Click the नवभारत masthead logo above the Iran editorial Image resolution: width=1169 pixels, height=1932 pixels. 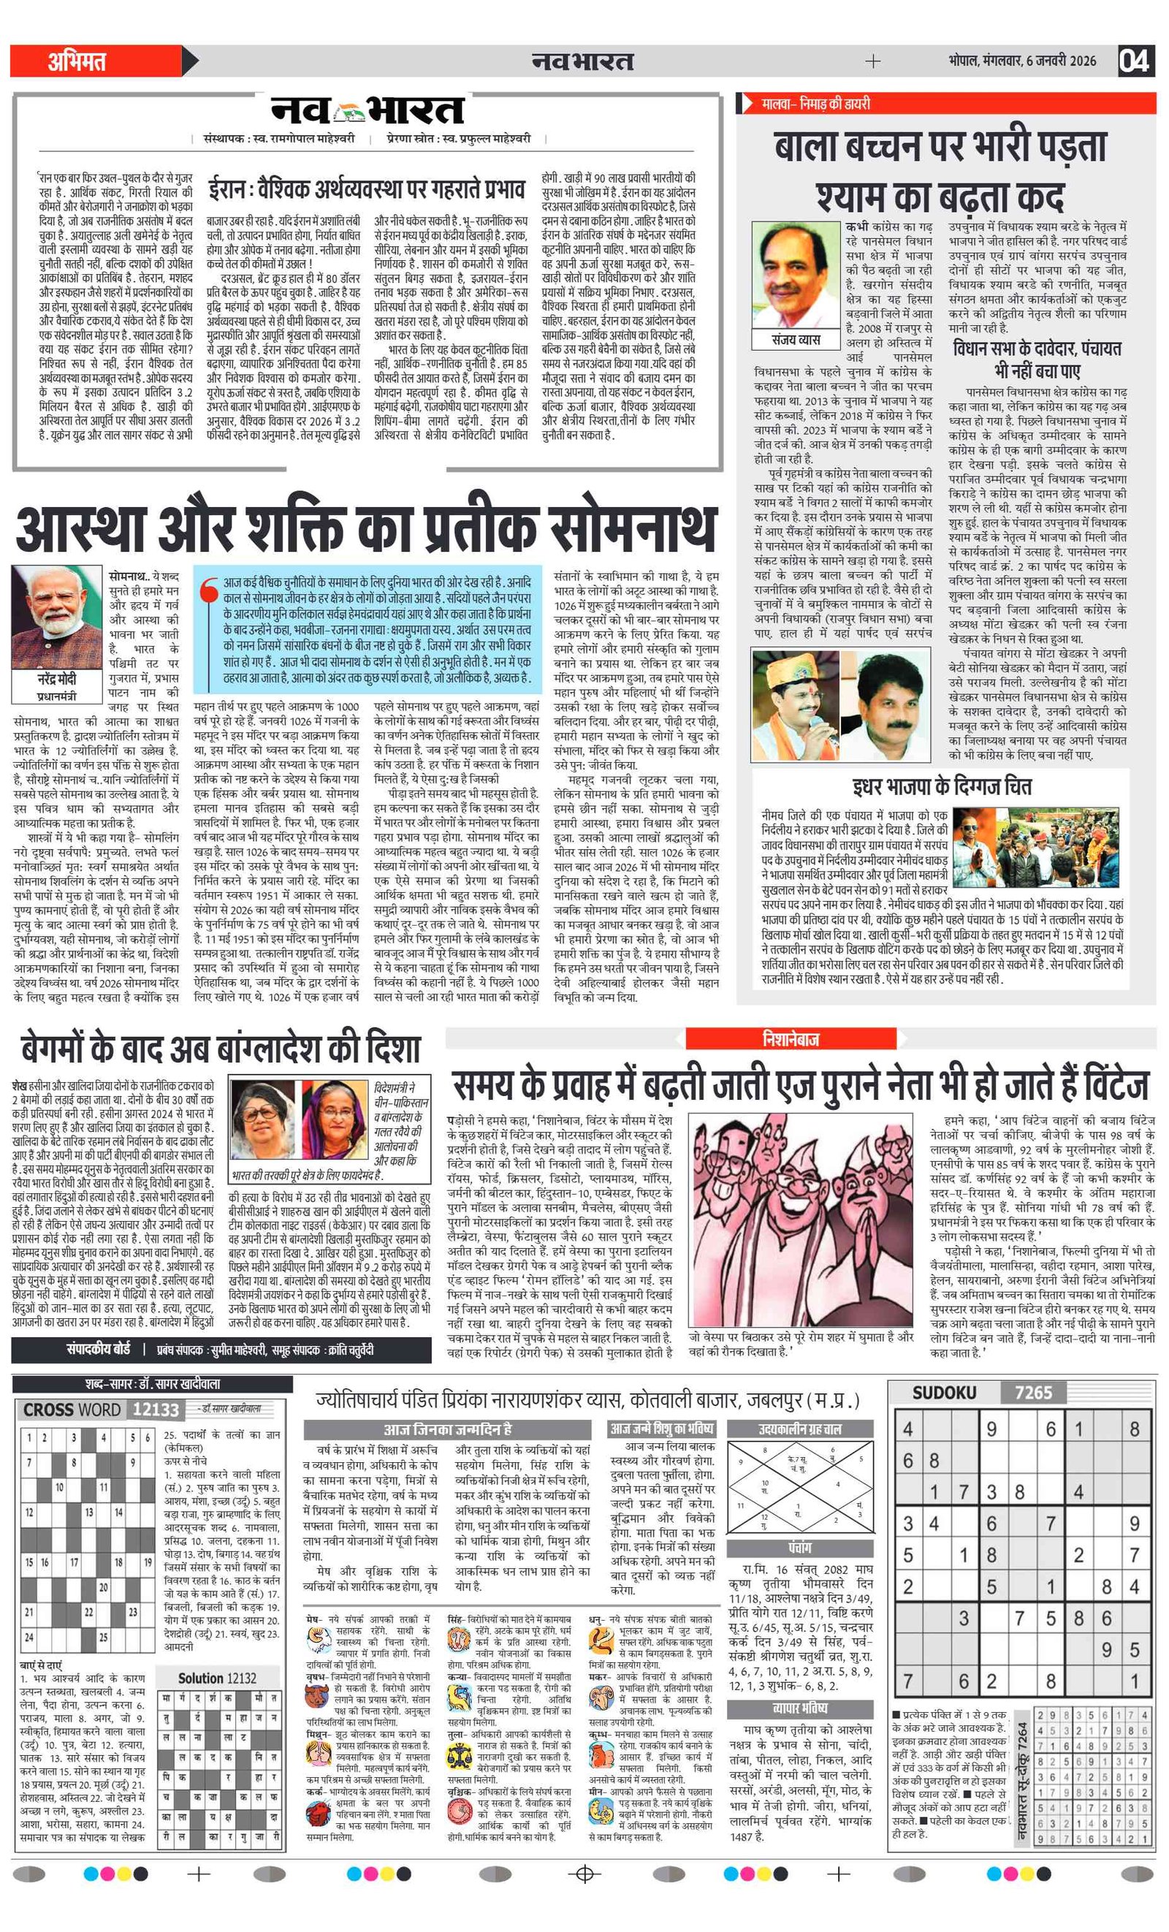pyautogui.click(x=368, y=111)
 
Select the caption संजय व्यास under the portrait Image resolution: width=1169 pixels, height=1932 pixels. pyautogui.click(x=796, y=340)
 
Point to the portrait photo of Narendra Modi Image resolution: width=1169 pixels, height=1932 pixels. pyautogui.click(x=57, y=616)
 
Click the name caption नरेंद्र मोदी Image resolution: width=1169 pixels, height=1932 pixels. pyautogui.click(x=57, y=679)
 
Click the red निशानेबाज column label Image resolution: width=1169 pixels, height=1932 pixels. pyautogui.click(x=791, y=1039)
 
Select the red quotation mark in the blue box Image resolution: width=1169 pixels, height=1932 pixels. pyautogui.click(x=208, y=590)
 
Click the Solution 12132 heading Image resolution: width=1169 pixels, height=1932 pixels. pyautogui.click(x=217, y=1678)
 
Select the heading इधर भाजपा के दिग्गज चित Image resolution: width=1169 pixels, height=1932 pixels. pyautogui.click(x=942, y=786)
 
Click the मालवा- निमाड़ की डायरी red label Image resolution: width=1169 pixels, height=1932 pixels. pyautogui.click(x=815, y=104)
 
